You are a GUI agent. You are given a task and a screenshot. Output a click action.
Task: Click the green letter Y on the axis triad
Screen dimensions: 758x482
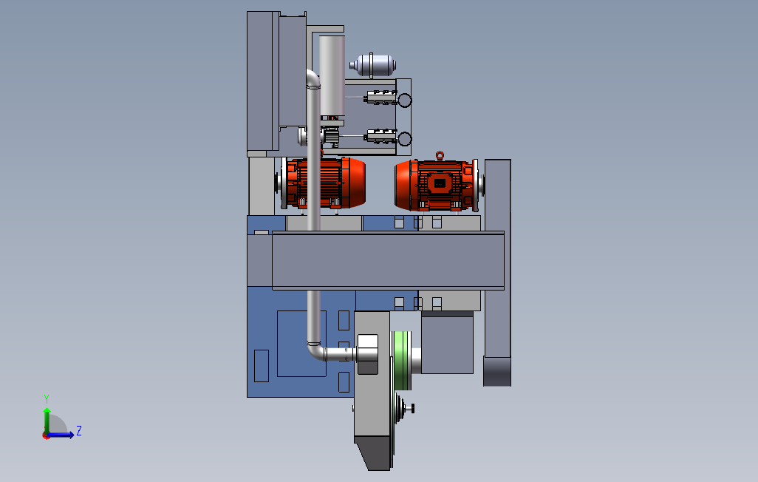47,398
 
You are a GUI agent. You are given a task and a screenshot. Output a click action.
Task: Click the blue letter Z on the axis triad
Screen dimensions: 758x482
79,431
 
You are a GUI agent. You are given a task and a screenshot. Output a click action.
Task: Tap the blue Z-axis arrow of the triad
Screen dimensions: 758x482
60,435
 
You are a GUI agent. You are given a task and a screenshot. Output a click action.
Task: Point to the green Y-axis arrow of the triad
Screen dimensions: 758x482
47,421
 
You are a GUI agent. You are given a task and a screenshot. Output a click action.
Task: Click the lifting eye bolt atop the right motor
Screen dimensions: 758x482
440,156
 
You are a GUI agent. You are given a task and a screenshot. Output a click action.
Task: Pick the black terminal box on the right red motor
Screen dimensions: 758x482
440,183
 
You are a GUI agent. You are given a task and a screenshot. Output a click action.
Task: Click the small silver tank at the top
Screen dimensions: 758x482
372,65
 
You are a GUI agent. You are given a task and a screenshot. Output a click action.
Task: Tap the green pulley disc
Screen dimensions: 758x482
402,361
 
